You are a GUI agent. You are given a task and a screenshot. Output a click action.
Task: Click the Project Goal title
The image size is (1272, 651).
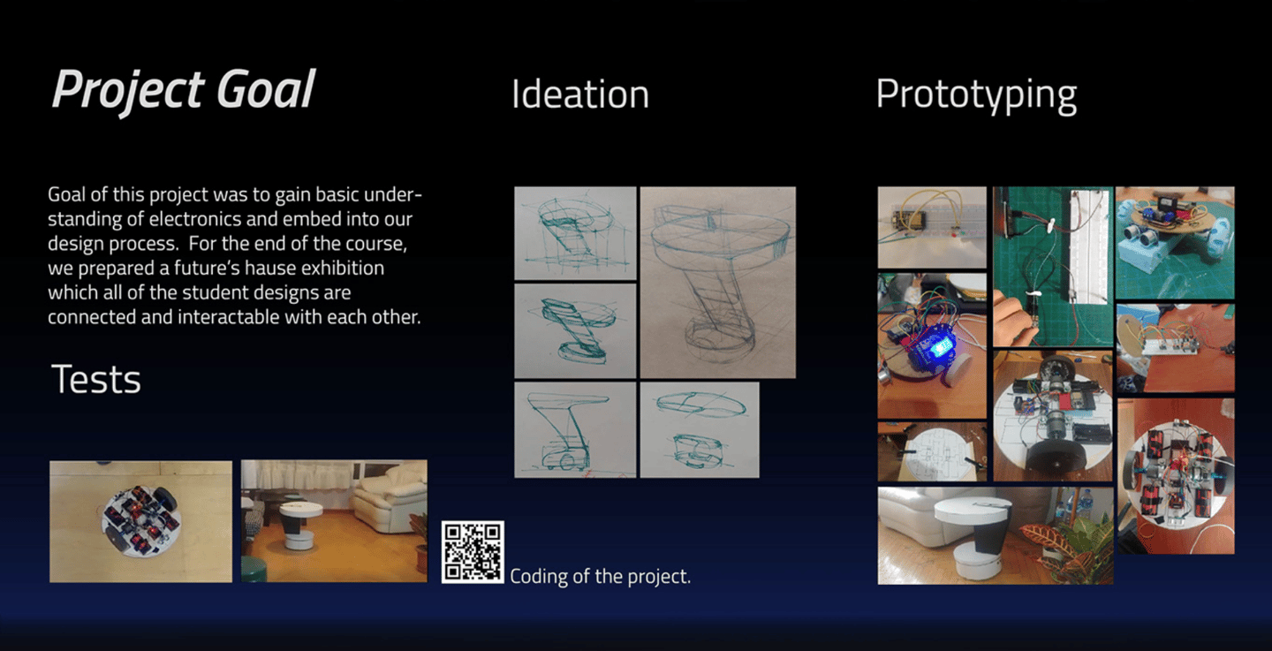(183, 90)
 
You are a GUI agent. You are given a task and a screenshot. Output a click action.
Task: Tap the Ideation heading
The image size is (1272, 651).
(579, 95)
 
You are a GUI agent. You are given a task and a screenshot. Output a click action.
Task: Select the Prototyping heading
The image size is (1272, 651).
(976, 95)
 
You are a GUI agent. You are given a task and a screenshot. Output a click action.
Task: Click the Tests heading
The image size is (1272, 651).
(96, 380)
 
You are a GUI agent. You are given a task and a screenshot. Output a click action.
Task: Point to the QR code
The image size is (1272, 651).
(473, 552)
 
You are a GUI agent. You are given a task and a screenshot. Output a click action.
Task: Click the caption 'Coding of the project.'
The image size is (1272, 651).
(601, 577)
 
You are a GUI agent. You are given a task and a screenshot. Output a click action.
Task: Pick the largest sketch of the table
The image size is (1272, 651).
(718, 283)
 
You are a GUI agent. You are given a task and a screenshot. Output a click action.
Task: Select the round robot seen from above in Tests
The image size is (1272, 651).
(141, 521)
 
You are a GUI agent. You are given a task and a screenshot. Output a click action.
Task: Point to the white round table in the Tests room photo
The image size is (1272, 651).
(299, 524)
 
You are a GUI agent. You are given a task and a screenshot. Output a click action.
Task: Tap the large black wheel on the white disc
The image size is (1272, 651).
(1052, 457)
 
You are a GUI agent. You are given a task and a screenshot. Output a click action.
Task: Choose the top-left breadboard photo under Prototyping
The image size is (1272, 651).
(932, 227)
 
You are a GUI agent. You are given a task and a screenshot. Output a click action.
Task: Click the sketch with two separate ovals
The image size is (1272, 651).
(700, 430)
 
